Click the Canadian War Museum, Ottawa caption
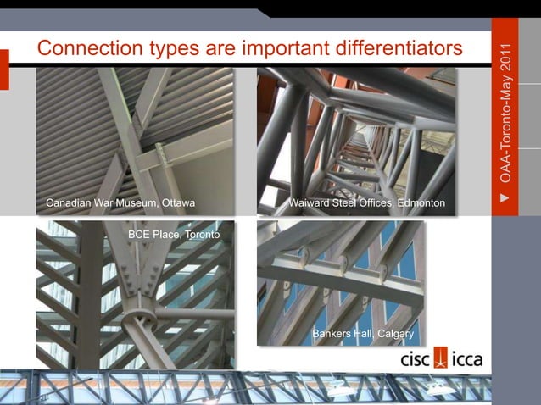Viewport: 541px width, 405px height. coord(120,203)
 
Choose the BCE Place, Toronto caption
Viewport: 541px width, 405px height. coord(173,233)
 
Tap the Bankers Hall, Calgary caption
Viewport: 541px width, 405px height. coord(362,333)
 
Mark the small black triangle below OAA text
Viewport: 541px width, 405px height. coord(505,200)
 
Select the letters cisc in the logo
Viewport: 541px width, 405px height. coord(416,359)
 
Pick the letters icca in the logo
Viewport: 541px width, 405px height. coord(467,359)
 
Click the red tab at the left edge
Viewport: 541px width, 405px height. coord(4,69)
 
